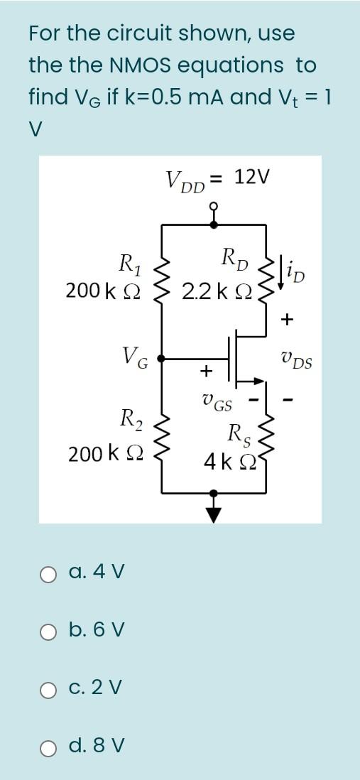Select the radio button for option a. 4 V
pos(48,573)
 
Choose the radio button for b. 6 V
pos(48,631)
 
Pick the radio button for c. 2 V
pos(48,688)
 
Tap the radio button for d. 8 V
pos(48,747)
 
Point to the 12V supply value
pos(252,177)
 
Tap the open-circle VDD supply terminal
pos(214,206)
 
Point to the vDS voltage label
pos(296,364)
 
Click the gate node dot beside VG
pos(163,359)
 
